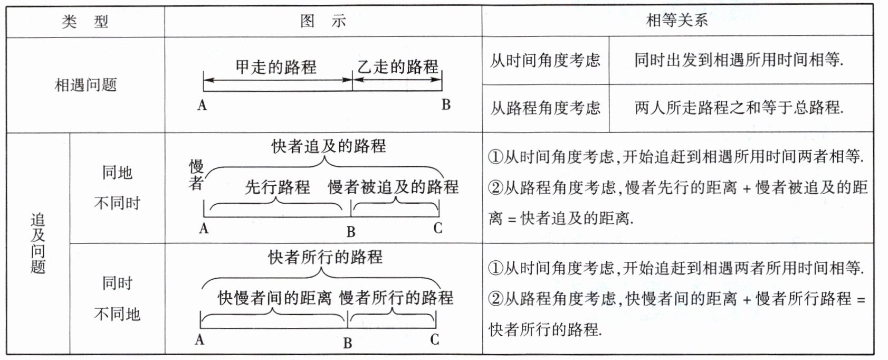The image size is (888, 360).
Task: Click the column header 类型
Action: [x=85, y=22]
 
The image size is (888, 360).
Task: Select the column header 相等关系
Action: [x=677, y=21]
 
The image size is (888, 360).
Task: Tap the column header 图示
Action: [x=323, y=21]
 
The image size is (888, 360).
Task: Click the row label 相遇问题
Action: [x=85, y=85]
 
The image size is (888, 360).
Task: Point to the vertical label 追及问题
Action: [x=38, y=243]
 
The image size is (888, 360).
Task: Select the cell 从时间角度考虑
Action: [x=545, y=61]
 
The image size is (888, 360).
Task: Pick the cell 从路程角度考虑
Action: [x=545, y=108]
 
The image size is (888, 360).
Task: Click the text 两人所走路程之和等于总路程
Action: [x=739, y=108]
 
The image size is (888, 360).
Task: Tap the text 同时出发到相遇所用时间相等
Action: [x=739, y=60]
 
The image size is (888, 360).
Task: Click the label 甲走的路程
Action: [x=276, y=67]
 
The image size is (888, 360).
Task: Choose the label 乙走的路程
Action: [x=398, y=67]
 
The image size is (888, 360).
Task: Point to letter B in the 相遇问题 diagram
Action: [x=446, y=105]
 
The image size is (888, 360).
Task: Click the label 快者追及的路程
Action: [x=329, y=146]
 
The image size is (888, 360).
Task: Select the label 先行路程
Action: [x=277, y=187]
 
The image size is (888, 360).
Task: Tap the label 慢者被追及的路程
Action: [x=393, y=187]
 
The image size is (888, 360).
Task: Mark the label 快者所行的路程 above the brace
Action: [x=325, y=257]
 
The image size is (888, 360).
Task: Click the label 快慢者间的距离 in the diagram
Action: [x=274, y=298]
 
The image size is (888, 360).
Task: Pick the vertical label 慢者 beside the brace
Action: [x=196, y=175]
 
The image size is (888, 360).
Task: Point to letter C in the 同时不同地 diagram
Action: [x=434, y=339]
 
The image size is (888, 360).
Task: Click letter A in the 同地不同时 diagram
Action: [x=204, y=229]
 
